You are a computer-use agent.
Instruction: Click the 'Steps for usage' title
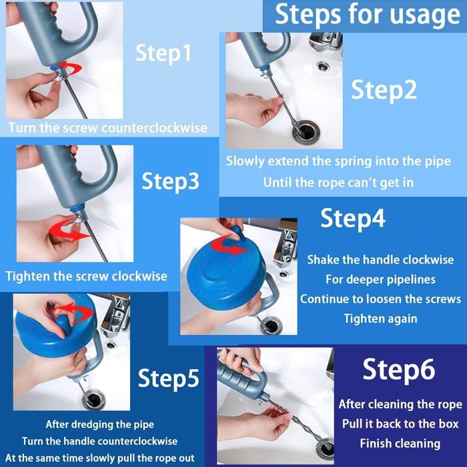click(x=367, y=15)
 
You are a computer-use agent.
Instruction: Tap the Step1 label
click(x=163, y=53)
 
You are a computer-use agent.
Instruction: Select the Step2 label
click(x=384, y=91)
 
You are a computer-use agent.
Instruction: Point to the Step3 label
click(x=170, y=181)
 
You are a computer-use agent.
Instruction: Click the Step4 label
click(x=353, y=219)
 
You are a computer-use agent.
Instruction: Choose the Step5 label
click(x=168, y=378)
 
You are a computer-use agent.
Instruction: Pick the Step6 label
click(x=399, y=370)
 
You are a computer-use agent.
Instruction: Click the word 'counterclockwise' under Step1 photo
click(x=154, y=128)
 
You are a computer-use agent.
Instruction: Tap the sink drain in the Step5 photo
click(x=94, y=400)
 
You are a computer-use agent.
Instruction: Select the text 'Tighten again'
click(x=381, y=319)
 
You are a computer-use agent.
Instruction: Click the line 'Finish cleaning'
click(x=400, y=444)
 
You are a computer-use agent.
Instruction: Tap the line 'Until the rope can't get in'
click(x=338, y=183)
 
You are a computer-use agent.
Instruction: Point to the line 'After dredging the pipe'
click(x=100, y=424)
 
